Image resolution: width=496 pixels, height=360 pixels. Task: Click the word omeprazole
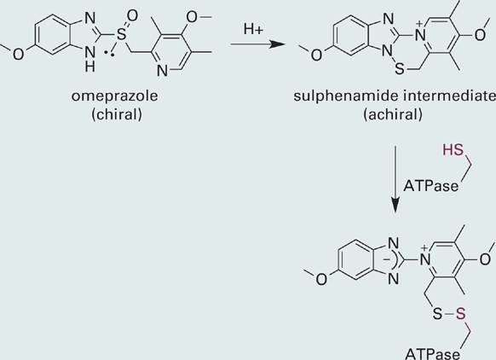pyautogui.click(x=114, y=96)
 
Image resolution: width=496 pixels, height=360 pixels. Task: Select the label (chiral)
pyautogui.click(x=117, y=114)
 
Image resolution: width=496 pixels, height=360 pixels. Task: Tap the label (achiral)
pyautogui.click(x=393, y=114)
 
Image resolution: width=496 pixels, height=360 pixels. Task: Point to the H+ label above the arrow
pyautogui.click(x=253, y=29)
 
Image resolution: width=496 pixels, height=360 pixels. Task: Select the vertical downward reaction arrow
pyautogui.click(x=395, y=179)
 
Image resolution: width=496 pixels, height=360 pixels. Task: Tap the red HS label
pyautogui.click(x=453, y=150)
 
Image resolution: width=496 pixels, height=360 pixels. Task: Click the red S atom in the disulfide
pyautogui.click(x=461, y=314)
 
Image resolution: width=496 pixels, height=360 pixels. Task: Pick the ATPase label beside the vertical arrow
pyautogui.click(x=430, y=186)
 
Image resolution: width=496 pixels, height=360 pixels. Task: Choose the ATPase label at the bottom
pyautogui.click(x=432, y=354)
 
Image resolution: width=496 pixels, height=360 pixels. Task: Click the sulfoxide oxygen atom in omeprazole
pyautogui.click(x=132, y=16)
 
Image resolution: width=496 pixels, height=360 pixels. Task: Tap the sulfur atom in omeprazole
pyautogui.click(x=121, y=34)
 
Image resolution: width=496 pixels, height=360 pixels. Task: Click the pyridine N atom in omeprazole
pyautogui.click(x=162, y=71)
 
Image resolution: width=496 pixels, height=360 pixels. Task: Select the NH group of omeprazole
pyautogui.click(x=89, y=59)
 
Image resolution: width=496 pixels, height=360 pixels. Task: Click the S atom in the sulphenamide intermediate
pyautogui.click(x=400, y=69)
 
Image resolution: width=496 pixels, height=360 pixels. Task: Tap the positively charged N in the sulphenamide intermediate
pyautogui.click(x=420, y=33)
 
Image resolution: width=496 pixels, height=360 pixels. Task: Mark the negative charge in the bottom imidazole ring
pyautogui.click(x=387, y=259)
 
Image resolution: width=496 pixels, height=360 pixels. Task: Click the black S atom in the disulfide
pyautogui.click(x=437, y=314)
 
